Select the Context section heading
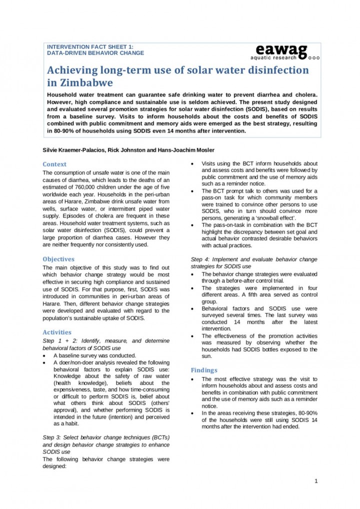54,164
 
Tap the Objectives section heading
58,259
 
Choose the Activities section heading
57,332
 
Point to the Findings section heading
203,370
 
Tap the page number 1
316,481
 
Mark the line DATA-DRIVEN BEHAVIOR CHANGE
95,52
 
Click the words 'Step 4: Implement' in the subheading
216,259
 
